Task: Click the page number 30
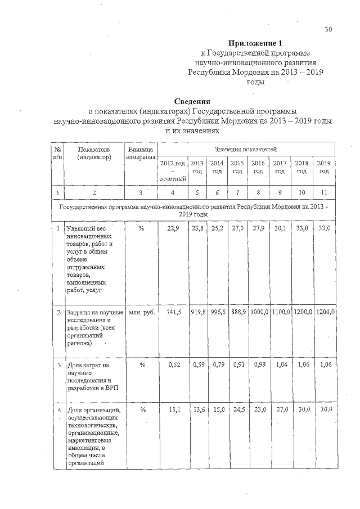point(328,30)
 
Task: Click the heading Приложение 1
point(255,43)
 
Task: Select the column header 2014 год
point(217,167)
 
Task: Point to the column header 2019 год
point(324,167)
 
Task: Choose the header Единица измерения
point(140,153)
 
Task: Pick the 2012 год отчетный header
point(173,170)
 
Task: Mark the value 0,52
point(174,365)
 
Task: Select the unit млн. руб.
point(141,312)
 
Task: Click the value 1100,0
point(281,312)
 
